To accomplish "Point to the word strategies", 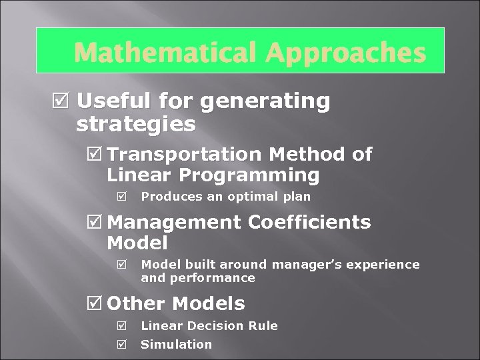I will click(x=136, y=124).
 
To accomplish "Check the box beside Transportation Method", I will click(x=95, y=155).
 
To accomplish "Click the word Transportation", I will click(x=184, y=155).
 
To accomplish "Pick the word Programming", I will click(x=251, y=176).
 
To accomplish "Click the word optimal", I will click(x=255, y=197).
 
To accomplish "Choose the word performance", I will click(x=213, y=277).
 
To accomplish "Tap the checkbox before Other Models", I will click(x=95, y=304).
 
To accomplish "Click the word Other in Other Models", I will click(x=136, y=304).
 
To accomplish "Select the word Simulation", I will click(x=176, y=345).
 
